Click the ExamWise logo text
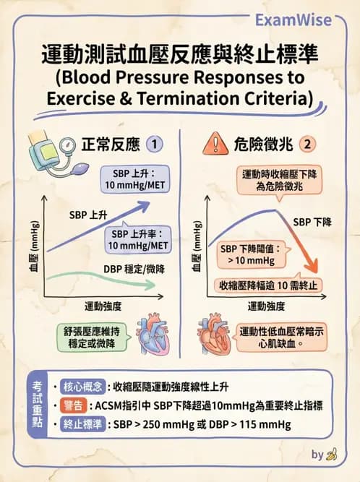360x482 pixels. [x=293, y=20]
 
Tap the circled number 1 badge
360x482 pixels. [x=154, y=145]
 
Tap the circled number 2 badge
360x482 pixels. [x=307, y=144]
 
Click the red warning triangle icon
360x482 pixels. [x=215, y=143]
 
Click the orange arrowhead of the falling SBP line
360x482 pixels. [x=312, y=265]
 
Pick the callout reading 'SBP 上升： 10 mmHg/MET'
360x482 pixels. [x=135, y=179]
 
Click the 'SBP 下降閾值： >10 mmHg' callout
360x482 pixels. [x=252, y=254]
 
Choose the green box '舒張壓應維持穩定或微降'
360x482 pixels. [x=93, y=337]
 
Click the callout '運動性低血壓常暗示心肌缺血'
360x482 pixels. [x=281, y=337]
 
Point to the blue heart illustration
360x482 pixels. [x=153, y=334]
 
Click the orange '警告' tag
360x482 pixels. [x=74, y=406]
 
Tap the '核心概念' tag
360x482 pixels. [x=82, y=387]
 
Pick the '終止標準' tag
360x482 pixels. [x=82, y=424]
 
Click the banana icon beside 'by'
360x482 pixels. [x=332, y=455]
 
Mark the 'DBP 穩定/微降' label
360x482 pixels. [x=134, y=270]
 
